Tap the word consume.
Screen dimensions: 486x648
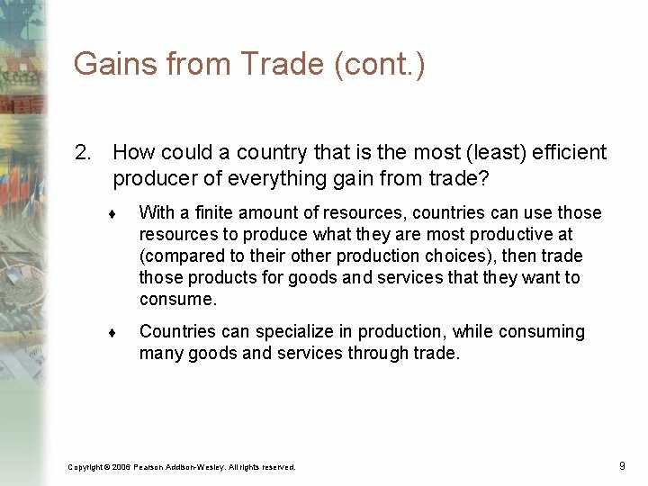click(177, 300)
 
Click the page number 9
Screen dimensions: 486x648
click(622, 466)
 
